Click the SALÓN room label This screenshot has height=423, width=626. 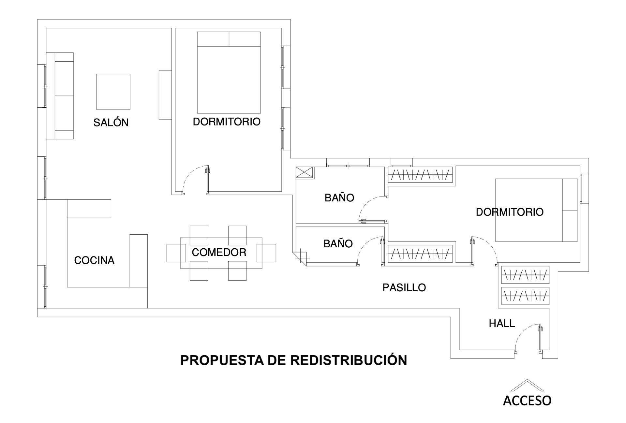pyautogui.click(x=111, y=123)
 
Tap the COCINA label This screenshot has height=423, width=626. pyautogui.click(x=94, y=260)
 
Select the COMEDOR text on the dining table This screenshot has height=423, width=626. pyautogui.click(x=219, y=252)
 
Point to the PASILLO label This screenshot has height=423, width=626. pyautogui.click(x=404, y=287)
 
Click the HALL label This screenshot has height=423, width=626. pyautogui.click(x=502, y=323)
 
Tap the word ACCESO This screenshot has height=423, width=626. pyautogui.click(x=527, y=401)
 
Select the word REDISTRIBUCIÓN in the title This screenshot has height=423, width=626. pyautogui.click(x=349, y=360)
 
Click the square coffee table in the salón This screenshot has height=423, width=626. pyautogui.click(x=113, y=92)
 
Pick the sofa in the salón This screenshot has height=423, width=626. pyautogui.click(x=60, y=96)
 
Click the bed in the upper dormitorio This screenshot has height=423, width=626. pyautogui.click(x=229, y=72)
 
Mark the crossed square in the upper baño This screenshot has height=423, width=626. pyautogui.click(x=304, y=172)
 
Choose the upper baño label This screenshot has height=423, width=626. pyautogui.click(x=339, y=198)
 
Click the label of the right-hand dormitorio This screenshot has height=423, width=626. pyautogui.click(x=510, y=212)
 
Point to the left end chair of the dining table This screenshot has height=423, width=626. pyautogui.click(x=174, y=253)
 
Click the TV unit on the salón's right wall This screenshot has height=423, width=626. pyautogui.click(x=165, y=95)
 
